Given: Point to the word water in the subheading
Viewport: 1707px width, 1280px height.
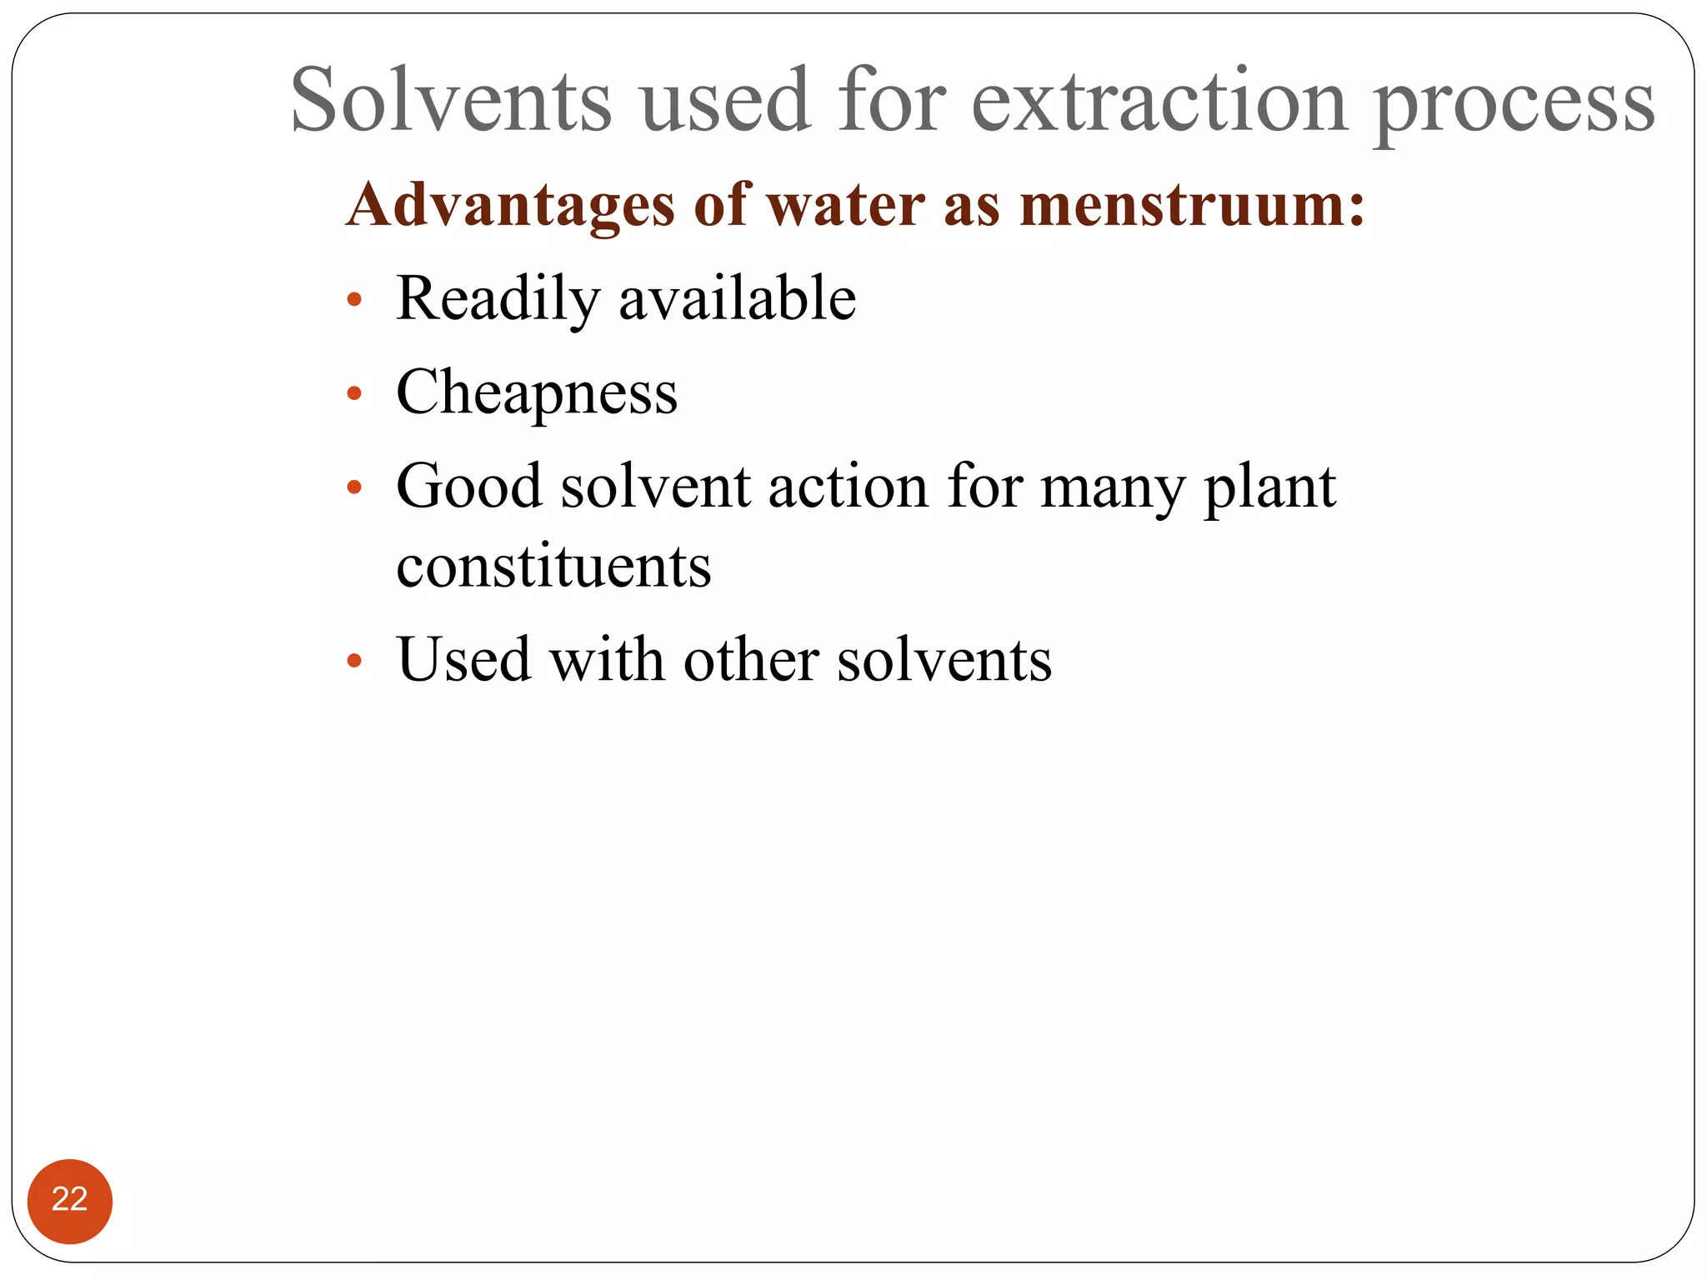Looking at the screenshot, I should click(x=845, y=205).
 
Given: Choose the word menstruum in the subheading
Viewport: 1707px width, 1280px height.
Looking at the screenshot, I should click(x=1184, y=205).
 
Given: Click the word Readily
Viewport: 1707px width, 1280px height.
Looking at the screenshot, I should click(x=498, y=299).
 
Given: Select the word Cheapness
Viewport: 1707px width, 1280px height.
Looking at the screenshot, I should click(x=537, y=392).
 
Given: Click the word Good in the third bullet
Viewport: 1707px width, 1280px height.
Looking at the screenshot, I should click(x=468, y=486).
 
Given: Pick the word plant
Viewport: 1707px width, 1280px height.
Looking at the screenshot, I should click(x=1270, y=487).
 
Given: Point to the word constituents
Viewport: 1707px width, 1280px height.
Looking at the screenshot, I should click(x=553, y=567).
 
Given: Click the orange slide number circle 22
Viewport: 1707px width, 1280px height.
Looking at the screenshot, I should click(x=70, y=1201).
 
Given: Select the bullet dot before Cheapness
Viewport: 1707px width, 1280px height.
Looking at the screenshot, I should click(x=354, y=393).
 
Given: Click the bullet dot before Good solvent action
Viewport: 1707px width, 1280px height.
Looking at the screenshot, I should click(x=354, y=487).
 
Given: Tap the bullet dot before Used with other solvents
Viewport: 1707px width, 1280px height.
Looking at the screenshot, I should click(x=354, y=662).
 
